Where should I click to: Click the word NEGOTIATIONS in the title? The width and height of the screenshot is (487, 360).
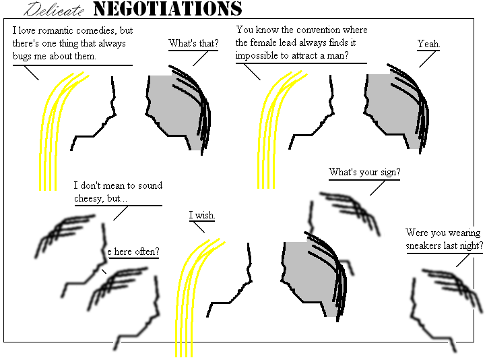[167, 9]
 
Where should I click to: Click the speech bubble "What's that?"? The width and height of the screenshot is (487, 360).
[193, 44]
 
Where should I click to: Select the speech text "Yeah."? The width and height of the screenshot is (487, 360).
[428, 44]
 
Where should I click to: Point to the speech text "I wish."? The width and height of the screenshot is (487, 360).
[202, 215]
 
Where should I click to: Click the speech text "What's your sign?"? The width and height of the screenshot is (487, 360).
[364, 172]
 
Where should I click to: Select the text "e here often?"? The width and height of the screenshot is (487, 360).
[133, 251]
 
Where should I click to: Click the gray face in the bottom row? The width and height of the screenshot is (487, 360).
[306, 273]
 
